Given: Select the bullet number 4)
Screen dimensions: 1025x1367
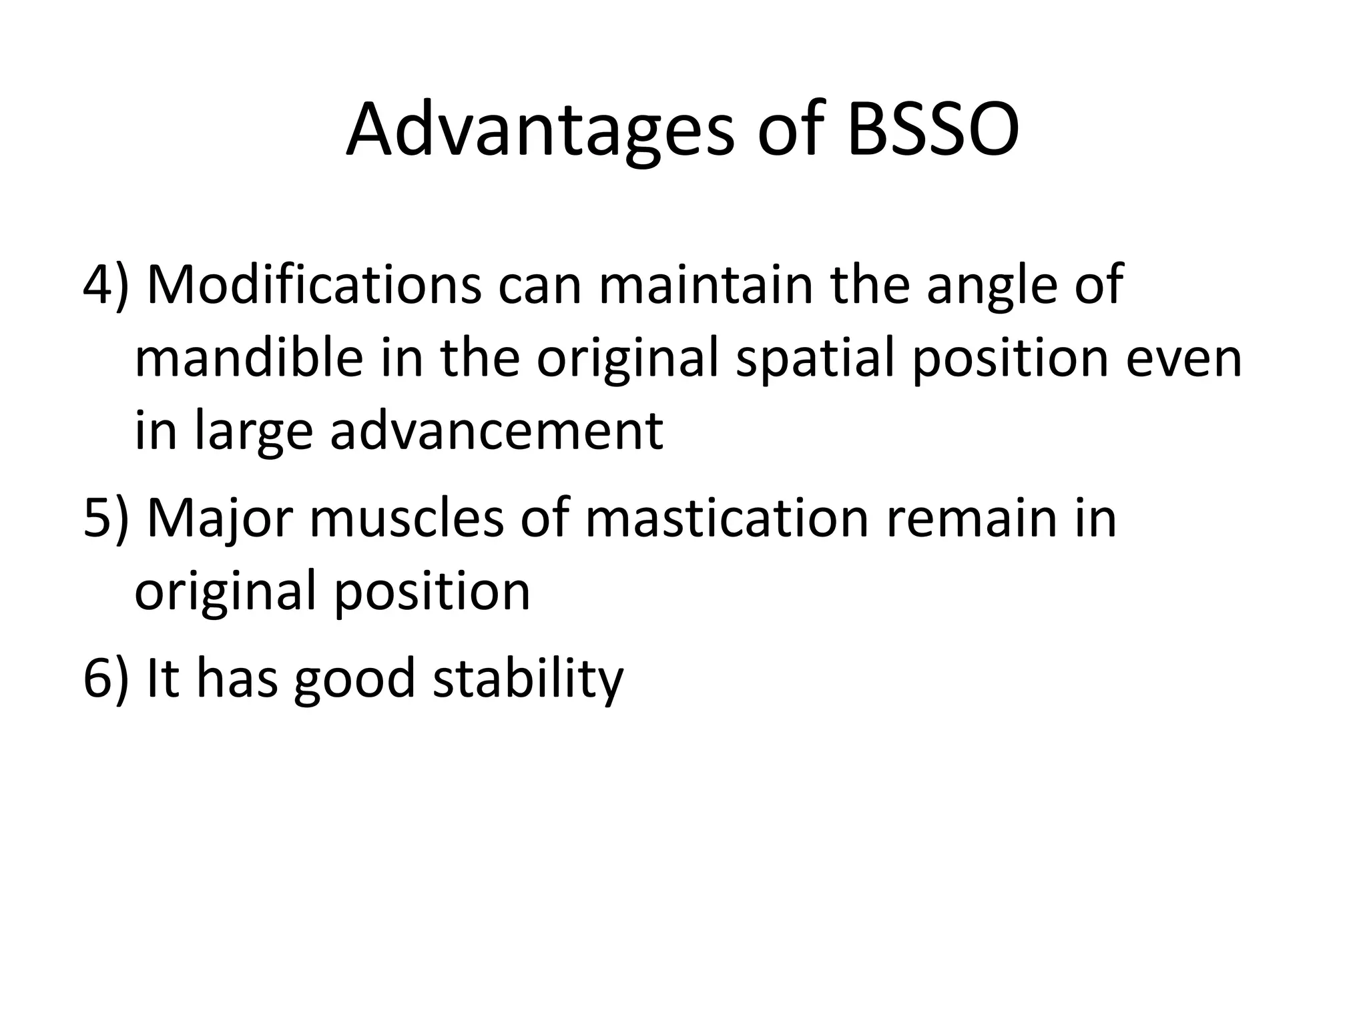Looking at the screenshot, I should [105, 285].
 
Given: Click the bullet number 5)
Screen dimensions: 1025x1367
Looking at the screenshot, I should [105, 517].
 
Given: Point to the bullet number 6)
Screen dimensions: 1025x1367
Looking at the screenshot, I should [105, 677].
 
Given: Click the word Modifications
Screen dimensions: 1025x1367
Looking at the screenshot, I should [314, 285].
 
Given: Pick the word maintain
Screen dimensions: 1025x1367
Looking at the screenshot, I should [706, 285].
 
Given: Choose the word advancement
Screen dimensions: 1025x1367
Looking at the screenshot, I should [497, 431].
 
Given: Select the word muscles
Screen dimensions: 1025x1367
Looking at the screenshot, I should [406, 517].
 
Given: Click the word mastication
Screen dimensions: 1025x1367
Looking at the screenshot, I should [726, 517].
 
